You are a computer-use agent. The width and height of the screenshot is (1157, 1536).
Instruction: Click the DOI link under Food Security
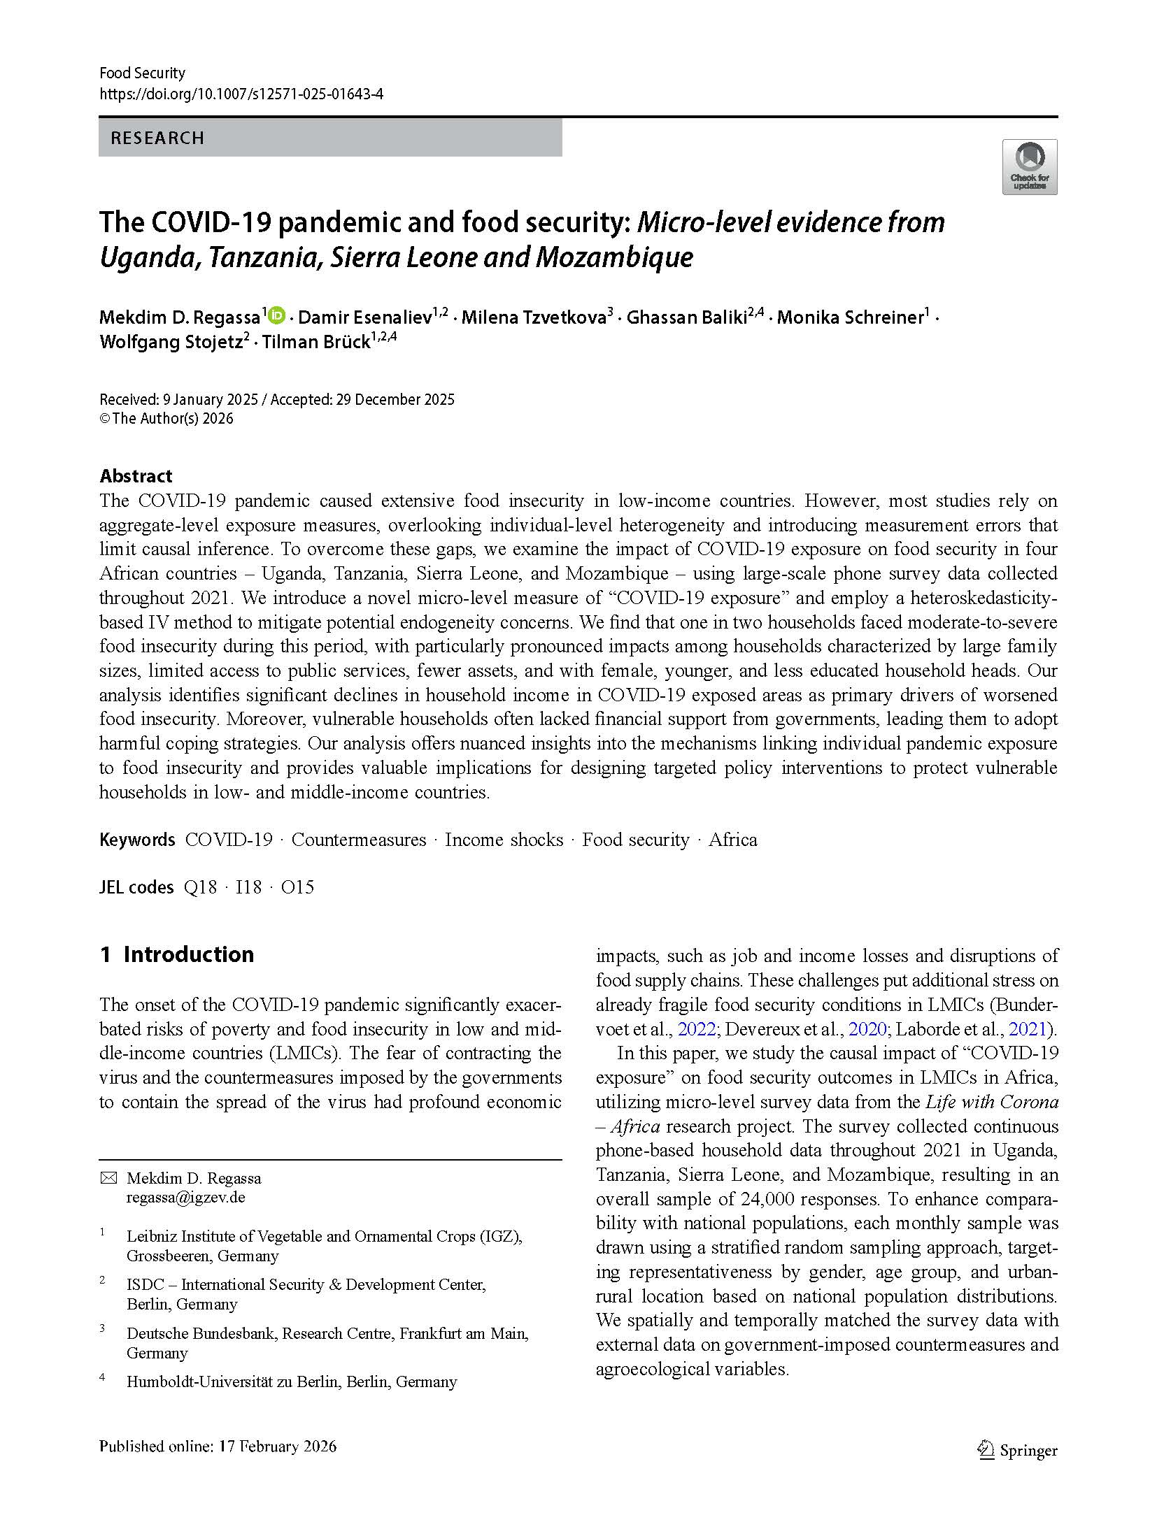(241, 94)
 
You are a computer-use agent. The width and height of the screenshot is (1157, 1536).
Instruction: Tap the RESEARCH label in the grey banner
(157, 138)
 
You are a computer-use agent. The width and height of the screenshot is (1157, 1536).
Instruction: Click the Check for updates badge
(1029, 166)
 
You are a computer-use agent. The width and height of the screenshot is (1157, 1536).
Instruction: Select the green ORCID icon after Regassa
(277, 316)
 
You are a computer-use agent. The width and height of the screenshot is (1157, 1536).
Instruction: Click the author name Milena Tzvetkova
(534, 317)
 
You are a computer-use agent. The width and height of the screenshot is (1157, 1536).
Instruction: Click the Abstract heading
(136, 476)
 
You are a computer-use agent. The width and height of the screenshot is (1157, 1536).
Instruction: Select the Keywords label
(137, 840)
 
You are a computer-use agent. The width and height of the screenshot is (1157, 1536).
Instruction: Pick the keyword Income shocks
(504, 840)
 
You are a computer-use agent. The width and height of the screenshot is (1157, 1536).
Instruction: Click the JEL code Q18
(200, 887)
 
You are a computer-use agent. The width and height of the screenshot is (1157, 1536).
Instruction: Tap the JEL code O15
(297, 887)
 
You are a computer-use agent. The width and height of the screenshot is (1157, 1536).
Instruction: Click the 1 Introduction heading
(176, 954)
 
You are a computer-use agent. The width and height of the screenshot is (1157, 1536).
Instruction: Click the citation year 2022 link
(697, 1029)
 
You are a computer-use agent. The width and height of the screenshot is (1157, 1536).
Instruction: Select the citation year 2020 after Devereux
(867, 1029)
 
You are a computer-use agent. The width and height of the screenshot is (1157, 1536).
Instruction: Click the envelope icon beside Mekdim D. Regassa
(108, 1178)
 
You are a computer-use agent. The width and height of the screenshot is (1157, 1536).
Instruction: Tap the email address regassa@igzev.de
(185, 1197)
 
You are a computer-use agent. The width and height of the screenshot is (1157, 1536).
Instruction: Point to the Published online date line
(218, 1447)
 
